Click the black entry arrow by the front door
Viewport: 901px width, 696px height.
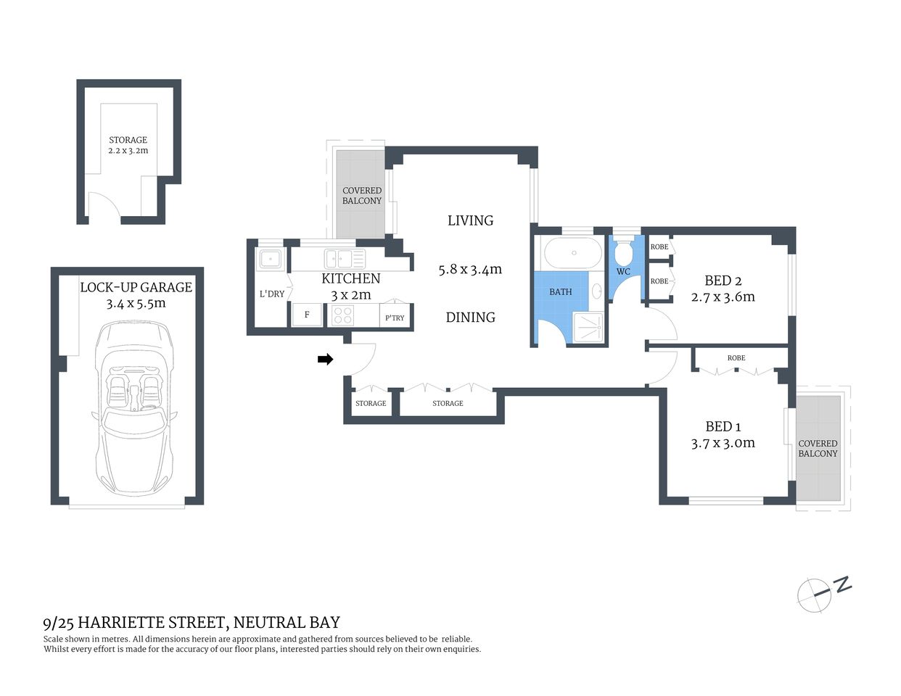click(x=326, y=359)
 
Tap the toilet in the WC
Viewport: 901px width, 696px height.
click(x=623, y=254)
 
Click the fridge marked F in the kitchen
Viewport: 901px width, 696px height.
click(x=306, y=315)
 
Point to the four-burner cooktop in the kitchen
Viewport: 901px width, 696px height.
click(x=342, y=315)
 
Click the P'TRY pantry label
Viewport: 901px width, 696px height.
click(x=395, y=318)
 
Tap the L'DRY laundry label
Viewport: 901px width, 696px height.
click(x=272, y=294)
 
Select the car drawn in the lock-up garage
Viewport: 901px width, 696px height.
click(x=133, y=410)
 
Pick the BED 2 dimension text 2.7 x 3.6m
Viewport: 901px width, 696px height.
click(x=723, y=297)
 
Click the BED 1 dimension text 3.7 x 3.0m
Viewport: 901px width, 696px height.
click(x=723, y=443)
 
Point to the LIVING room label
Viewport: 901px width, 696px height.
click(x=470, y=220)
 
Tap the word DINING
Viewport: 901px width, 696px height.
click(x=470, y=318)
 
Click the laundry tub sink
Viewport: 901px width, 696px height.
click(x=271, y=258)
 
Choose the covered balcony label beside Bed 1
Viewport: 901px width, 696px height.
click(x=818, y=448)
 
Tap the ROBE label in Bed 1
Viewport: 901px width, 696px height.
click(x=736, y=358)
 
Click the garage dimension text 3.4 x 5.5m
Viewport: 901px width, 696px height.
click(x=136, y=303)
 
